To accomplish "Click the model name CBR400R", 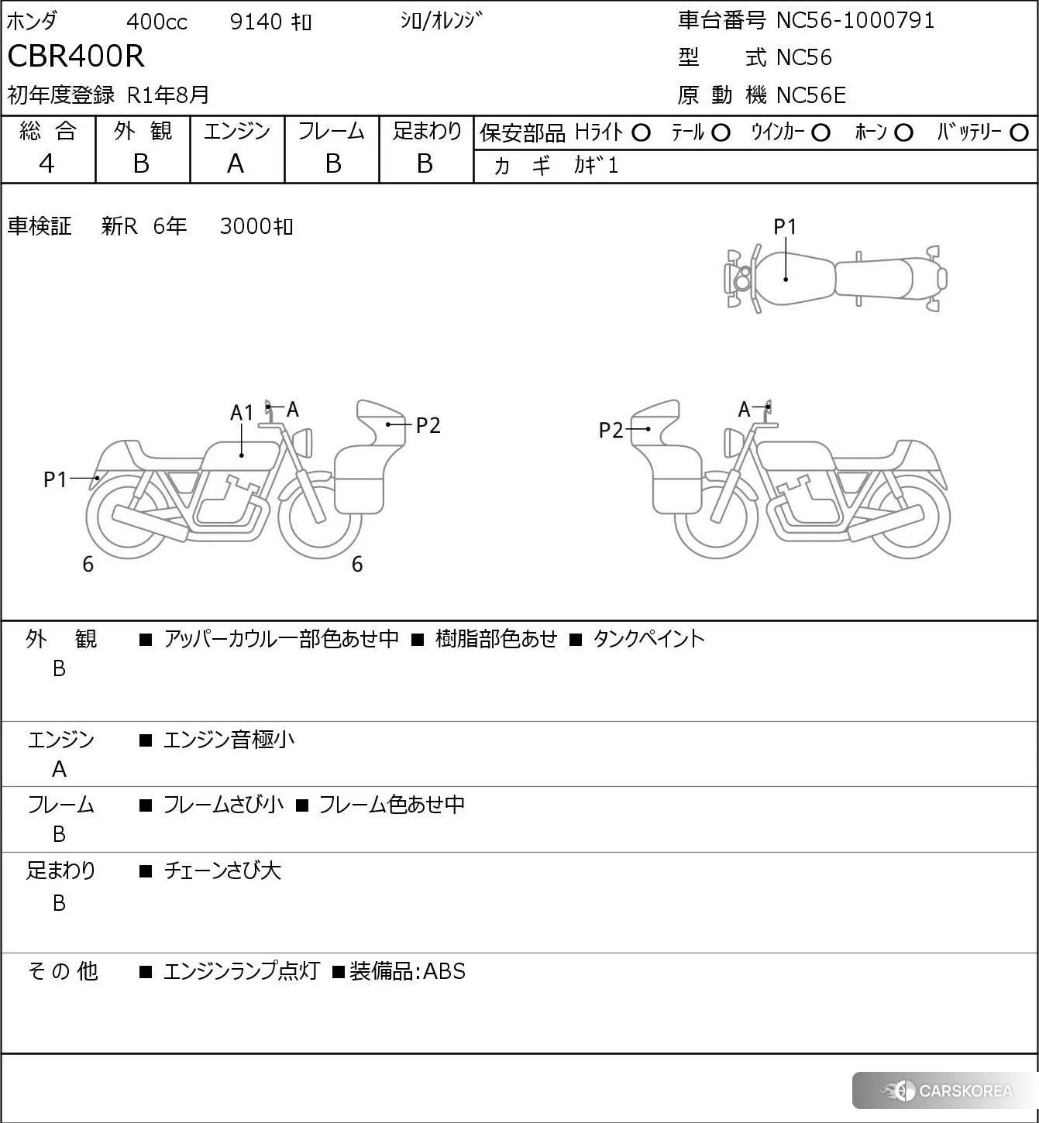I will pos(76,57).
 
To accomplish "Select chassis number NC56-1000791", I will pos(855,20).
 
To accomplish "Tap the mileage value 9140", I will pos(256,22).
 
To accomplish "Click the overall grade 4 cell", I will pos(47,163).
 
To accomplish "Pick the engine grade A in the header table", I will pos(236,163).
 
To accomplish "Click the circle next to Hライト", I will pos(641,133).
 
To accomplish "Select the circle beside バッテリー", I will pos(1020,133).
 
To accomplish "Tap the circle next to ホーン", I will pos(903,133).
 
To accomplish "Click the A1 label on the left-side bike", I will pos(242,413).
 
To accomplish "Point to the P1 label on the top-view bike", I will pos(785,226).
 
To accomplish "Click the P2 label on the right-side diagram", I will pos(611,430).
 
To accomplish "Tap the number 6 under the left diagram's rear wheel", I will pos(88,565).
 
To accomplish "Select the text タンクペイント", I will pos(649,639).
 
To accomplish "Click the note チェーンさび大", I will pos(222,871).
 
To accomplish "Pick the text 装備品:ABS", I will pos(408,971).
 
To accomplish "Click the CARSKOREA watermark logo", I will pos(947,1091).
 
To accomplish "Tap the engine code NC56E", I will pos(810,95).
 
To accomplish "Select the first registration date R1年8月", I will pos(168,94).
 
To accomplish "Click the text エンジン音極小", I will pos(229,740).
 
